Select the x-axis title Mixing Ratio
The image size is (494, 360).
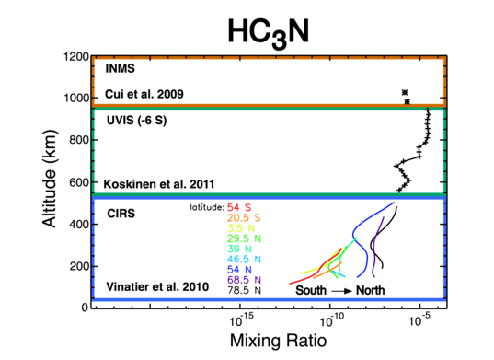(268, 342)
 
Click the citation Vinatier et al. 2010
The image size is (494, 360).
(150, 288)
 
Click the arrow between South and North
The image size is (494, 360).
(347, 289)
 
